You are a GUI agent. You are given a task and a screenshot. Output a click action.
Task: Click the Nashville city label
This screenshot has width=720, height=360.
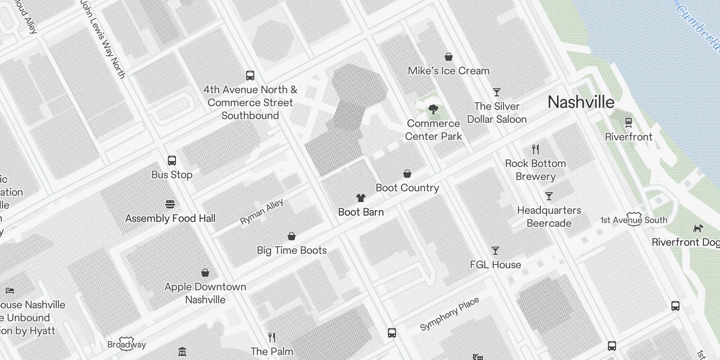(x=580, y=102)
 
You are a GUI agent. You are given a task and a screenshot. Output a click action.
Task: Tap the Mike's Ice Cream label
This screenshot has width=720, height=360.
(x=448, y=71)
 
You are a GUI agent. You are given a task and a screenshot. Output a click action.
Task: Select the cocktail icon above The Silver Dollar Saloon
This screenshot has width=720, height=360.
(x=497, y=92)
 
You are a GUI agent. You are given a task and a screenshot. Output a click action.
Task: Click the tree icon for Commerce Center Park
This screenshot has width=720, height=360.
(x=433, y=109)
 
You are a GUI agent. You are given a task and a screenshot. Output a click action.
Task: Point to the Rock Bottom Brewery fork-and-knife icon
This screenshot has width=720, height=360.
(x=535, y=149)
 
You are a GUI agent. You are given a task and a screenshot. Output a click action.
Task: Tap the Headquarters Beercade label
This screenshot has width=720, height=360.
(x=549, y=216)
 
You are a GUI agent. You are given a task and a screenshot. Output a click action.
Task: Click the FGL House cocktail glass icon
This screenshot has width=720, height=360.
(x=495, y=251)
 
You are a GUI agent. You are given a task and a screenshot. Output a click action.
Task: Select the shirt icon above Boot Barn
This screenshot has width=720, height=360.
(x=360, y=198)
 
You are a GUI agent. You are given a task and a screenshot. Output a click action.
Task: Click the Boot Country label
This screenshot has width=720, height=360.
(x=407, y=188)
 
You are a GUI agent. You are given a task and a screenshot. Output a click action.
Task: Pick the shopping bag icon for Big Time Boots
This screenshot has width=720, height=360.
(x=292, y=236)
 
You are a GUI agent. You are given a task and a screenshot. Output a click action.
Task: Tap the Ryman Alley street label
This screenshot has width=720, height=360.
(x=261, y=211)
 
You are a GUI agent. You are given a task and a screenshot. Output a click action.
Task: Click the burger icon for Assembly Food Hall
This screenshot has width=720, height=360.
(x=170, y=204)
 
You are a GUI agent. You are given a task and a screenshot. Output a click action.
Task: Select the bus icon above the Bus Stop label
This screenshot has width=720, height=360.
(x=171, y=161)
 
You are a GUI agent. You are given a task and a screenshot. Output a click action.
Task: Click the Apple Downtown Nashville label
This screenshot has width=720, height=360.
(x=205, y=293)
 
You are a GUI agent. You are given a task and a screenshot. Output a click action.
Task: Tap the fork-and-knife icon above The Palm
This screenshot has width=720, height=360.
(x=272, y=337)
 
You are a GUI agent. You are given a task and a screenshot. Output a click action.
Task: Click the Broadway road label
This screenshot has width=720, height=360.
(x=126, y=345)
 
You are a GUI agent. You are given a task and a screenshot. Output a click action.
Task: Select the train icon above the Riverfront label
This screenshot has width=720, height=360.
(x=629, y=122)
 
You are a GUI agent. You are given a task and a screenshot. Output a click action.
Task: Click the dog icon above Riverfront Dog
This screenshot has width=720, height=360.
(x=697, y=228)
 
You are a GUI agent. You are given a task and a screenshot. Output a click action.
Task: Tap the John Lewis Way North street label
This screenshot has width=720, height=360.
(x=103, y=39)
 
